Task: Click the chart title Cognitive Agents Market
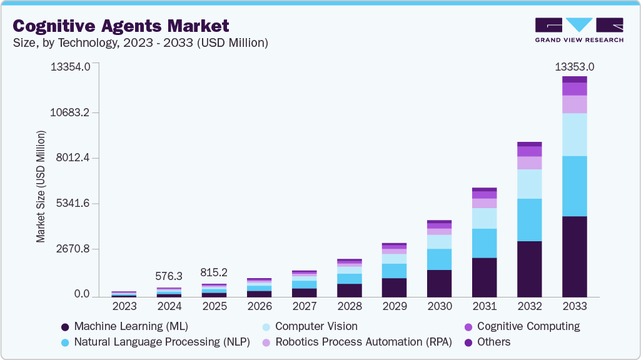121,26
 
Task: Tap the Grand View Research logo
579,29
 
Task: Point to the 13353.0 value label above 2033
574,67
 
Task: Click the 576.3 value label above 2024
169,276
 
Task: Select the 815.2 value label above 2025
214,272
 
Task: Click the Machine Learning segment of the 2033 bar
574,256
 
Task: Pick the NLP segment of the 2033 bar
574,186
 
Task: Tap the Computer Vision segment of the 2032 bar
529,184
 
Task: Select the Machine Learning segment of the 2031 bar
484,277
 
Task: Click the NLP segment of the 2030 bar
439,259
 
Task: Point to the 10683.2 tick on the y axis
73,112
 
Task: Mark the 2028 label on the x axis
349,306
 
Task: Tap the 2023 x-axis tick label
124,306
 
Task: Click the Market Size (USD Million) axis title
41,186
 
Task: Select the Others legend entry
493,342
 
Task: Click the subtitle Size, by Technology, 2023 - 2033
141,42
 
